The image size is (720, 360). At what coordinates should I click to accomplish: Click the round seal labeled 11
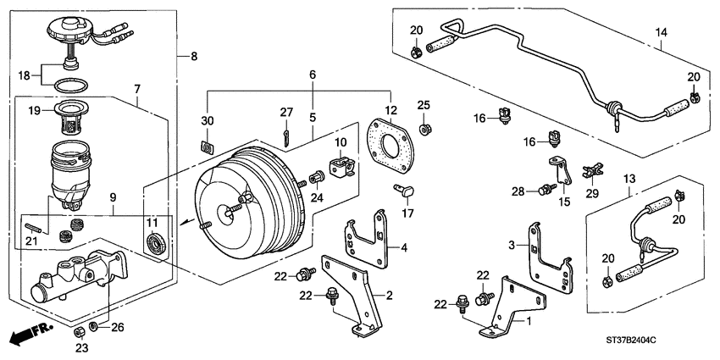[x=158, y=246]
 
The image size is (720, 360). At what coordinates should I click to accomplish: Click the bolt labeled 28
[x=542, y=192]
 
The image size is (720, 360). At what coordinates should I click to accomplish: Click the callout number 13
[x=629, y=180]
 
